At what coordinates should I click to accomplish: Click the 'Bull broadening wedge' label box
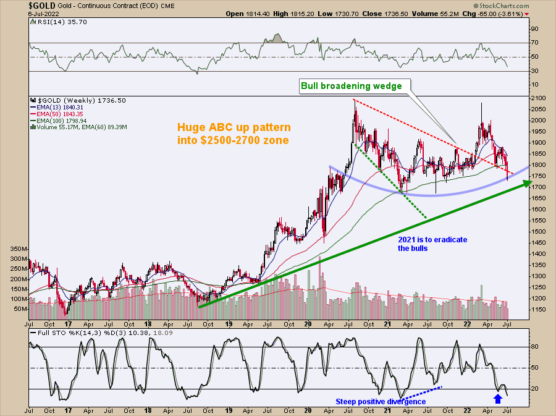(x=351, y=86)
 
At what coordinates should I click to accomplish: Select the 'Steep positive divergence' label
(x=381, y=402)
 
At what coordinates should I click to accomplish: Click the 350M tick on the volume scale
(x=19, y=248)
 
